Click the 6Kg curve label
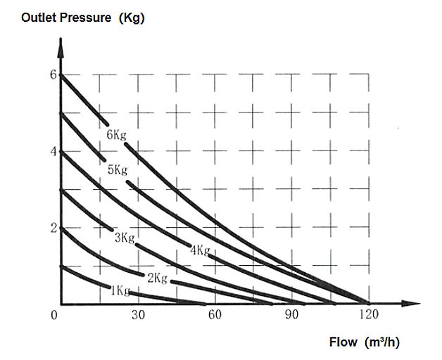[116, 135]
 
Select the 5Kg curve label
[118, 170]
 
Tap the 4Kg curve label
[201, 250]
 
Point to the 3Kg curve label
[125, 238]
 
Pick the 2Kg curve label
[157, 278]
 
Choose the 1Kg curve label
[120, 290]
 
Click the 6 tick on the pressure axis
[53, 75]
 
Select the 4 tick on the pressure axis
[53, 152]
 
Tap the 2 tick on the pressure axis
[53, 229]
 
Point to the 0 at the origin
[53, 314]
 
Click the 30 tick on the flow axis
[139, 314]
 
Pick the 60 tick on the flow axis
[215, 314]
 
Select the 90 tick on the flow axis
[291, 314]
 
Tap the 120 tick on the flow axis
[369, 314]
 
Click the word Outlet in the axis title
[39, 18]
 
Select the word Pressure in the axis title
[85, 18]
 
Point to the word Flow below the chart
[343, 342]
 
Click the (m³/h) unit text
[382, 342]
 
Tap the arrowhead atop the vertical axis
[61, 48]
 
